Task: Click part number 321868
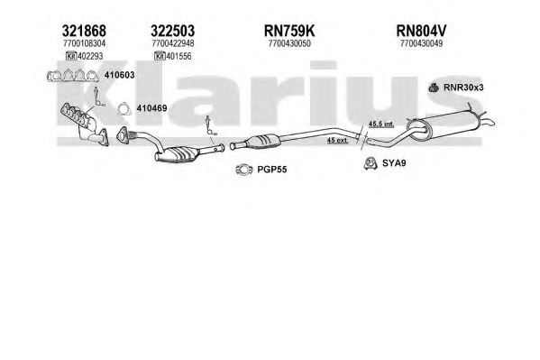click(84, 31)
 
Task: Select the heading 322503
click(172, 31)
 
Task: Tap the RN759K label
click(289, 31)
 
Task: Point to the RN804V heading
click(421, 31)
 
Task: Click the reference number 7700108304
click(85, 43)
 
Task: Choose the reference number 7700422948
click(173, 43)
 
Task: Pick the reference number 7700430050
click(289, 43)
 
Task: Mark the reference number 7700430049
click(422, 43)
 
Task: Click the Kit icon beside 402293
click(71, 56)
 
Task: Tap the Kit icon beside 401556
click(160, 56)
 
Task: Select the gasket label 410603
click(119, 75)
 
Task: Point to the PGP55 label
click(272, 170)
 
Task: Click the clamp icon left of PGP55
click(244, 170)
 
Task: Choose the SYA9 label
click(394, 162)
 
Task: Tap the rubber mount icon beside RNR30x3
click(434, 88)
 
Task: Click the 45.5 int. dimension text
click(381, 124)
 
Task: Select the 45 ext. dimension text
click(337, 140)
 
